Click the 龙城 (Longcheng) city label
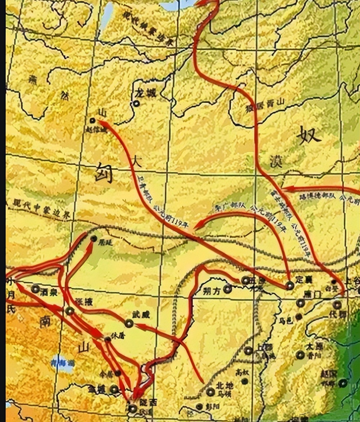146,93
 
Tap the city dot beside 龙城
137,104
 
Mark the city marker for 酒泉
35,288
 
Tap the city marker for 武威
129,323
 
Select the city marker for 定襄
290,285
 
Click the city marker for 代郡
337,305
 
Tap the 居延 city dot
94,238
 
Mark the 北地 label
225,386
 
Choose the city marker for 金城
114,389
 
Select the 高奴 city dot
245,381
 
